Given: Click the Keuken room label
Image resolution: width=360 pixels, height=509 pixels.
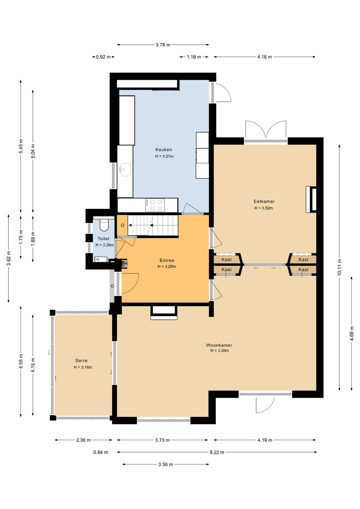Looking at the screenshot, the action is (164, 149).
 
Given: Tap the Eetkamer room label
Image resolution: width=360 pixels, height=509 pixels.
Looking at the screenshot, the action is (264, 201).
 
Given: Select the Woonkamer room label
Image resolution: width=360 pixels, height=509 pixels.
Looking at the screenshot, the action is (219, 345).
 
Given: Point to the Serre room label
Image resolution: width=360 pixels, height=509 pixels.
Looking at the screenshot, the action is (81, 360).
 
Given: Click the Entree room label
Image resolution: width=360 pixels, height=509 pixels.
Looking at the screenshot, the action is (167, 261).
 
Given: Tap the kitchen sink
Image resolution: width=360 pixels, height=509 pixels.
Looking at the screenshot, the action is (125, 169).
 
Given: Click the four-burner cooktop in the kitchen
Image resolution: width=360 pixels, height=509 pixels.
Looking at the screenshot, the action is (155, 205).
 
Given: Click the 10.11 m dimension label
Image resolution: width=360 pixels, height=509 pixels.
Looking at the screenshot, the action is (340, 268).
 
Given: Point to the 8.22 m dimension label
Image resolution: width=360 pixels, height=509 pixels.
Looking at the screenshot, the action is (217, 452).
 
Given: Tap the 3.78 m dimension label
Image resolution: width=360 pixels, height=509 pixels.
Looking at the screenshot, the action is (163, 45).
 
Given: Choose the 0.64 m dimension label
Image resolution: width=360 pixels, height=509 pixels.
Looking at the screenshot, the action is (101, 452).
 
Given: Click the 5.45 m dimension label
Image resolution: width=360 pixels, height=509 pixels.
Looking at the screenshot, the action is (21, 146).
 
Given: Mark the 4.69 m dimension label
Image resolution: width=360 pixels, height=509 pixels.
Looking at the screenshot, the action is (352, 333).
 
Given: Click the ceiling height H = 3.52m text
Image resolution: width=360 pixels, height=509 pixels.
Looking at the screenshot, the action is (263, 208).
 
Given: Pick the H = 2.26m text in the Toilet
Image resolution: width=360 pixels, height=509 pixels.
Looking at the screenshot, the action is (105, 245).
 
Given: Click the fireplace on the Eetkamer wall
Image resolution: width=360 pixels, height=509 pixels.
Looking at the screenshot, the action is (311, 199).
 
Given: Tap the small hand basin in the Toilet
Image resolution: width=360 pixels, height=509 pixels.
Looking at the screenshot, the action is (100, 259).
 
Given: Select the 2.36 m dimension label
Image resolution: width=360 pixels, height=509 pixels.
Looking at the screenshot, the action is (83, 440).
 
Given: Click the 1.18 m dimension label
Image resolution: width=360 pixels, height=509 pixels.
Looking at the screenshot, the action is (194, 57).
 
